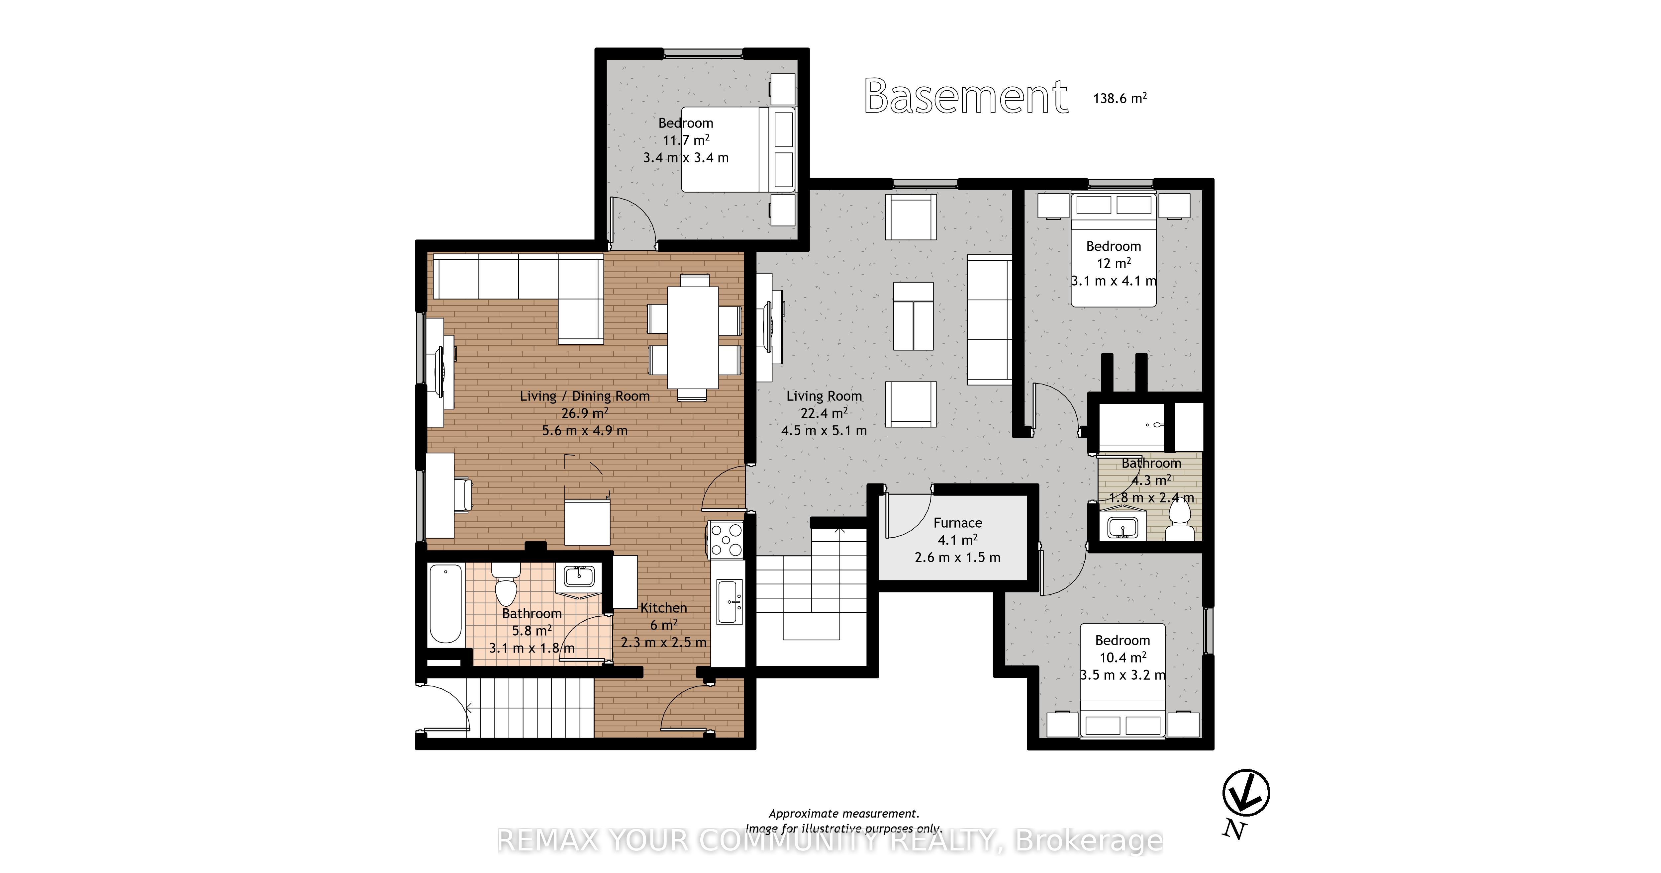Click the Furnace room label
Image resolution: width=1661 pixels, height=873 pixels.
click(957, 523)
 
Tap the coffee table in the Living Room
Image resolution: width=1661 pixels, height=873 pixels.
click(913, 316)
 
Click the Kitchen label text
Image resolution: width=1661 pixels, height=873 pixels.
click(663, 607)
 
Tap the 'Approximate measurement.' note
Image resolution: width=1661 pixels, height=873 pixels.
click(844, 814)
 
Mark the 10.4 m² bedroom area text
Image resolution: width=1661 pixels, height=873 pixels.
click(1123, 657)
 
